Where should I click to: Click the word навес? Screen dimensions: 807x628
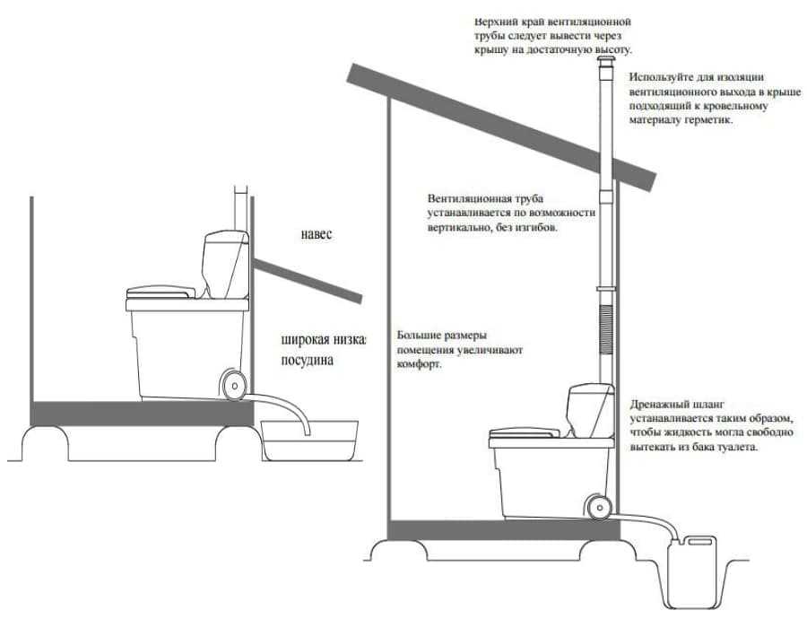(317, 234)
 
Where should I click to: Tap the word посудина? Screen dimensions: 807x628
(308, 361)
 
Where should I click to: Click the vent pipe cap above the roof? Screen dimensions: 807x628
(605, 64)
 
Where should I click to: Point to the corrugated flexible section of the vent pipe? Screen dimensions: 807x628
(606, 328)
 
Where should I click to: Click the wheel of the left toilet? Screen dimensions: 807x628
(234, 385)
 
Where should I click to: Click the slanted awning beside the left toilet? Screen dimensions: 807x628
(308, 281)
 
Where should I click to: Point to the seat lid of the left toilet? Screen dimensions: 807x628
(161, 292)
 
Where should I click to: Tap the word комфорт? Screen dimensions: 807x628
(419, 364)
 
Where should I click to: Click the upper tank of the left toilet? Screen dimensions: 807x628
(225, 264)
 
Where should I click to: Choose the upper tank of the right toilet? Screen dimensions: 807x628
(590, 410)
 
